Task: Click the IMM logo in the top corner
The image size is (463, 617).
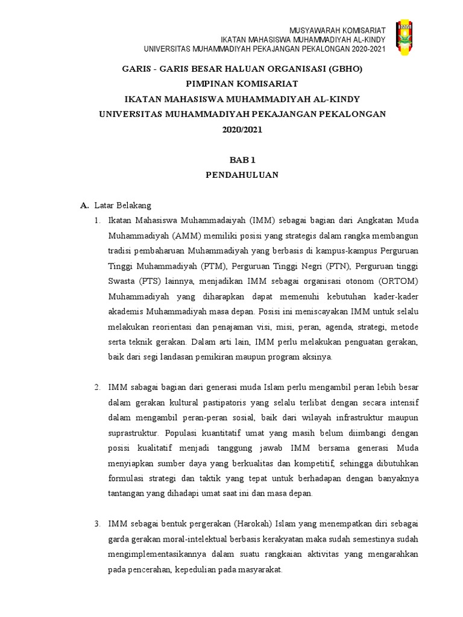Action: click(x=404, y=37)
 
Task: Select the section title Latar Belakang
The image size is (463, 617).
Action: click(x=123, y=205)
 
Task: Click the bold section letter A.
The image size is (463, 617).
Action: click(x=84, y=205)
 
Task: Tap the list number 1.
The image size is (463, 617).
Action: click(x=97, y=220)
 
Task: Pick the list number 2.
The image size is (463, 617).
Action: click(x=97, y=387)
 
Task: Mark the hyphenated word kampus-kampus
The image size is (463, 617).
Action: click(x=348, y=251)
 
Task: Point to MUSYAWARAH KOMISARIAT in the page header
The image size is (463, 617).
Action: click(x=338, y=30)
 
